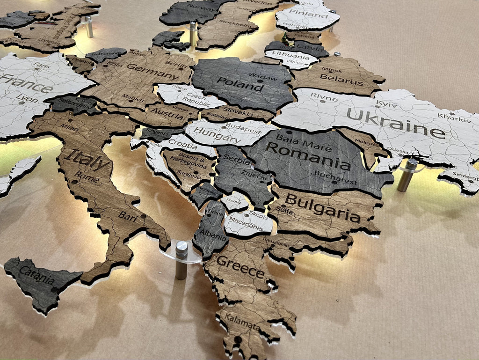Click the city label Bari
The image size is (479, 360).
pos(127,215)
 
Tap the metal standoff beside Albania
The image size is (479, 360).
pos(181,260)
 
